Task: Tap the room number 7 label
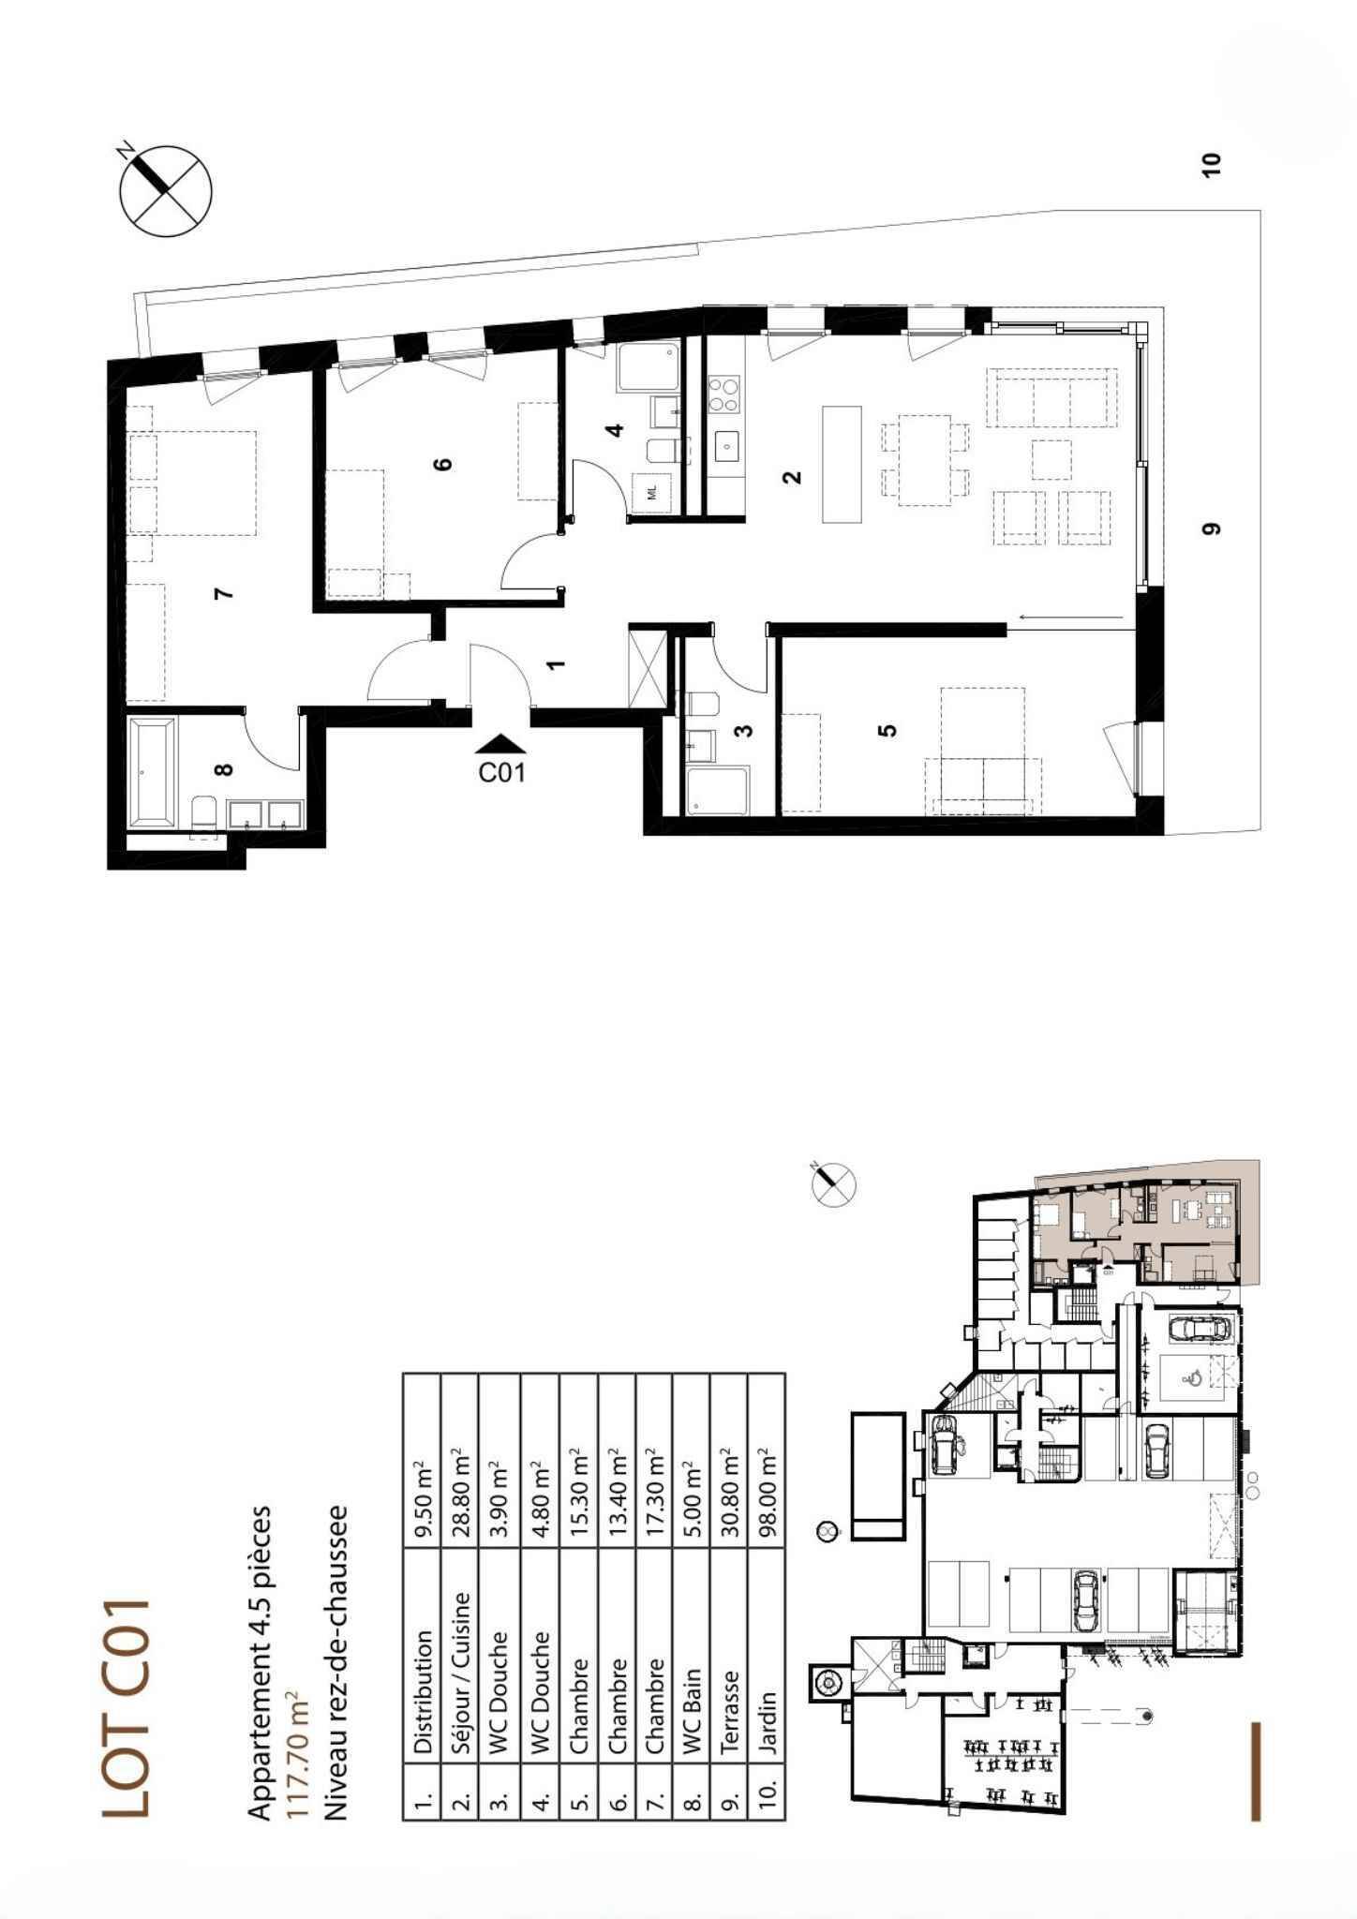click(222, 592)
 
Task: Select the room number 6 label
click(443, 463)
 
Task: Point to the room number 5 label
click(887, 730)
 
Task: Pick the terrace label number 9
click(1212, 528)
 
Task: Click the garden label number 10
click(1212, 164)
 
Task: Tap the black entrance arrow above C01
click(502, 743)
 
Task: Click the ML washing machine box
click(653, 492)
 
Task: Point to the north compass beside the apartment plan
click(165, 189)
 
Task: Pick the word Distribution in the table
click(423, 1692)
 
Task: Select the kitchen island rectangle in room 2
click(841, 463)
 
